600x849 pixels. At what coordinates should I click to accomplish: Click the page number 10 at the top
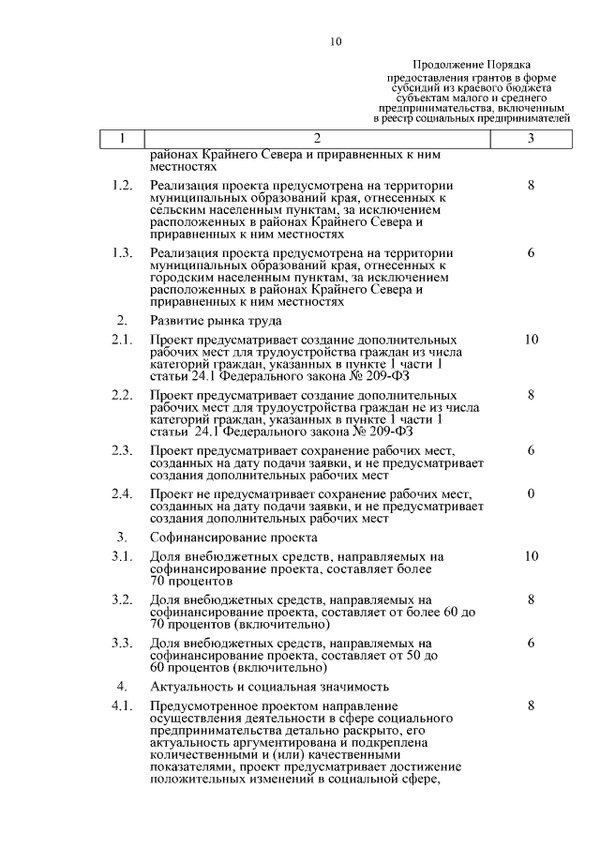pyautogui.click(x=337, y=42)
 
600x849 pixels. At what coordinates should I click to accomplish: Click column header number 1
pyautogui.click(x=122, y=139)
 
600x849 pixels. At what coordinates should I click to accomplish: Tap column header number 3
pyautogui.click(x=531, y=139)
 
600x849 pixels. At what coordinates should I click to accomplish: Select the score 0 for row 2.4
pyautogui.click(x=531, y=493)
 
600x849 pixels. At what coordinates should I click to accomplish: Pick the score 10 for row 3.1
pyautogui.click(x=531, y=556)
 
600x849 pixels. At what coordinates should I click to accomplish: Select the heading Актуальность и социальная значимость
pyautogui.click(x=269, y=687)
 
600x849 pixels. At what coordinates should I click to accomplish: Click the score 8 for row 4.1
pyautogui.click(x=531, y=705)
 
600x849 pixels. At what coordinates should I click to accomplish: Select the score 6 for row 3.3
pyautogui.click(x=531, y=643)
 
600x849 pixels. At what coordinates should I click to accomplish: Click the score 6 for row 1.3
pyautogui.click(x=531, y=253)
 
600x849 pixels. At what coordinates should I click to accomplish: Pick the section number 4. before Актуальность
pyautogui.click(x=122, y=687)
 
